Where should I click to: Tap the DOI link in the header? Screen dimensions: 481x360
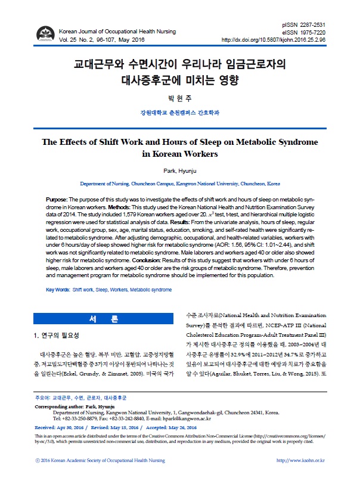pyautogui.click(x=273, y=40)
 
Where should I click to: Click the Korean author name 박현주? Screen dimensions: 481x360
pyautogui.click(x=179, y=97)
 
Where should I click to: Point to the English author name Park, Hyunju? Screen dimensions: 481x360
pyautogui.click(x=179, y=170)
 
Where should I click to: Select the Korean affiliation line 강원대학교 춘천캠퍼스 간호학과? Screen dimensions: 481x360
pyautogui.click(x=179, y=112)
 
